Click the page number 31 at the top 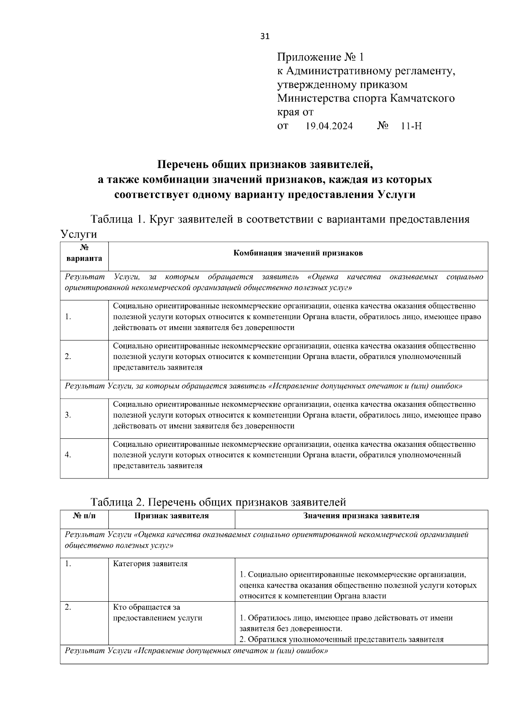click(x=265, y=36)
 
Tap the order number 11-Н click(x=411, y=126)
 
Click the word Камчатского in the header click(x=422, y=98)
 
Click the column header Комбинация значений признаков click(x=298, y=253)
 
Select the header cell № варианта click(x=84, y=253)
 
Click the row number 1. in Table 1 click(x=68, y=317)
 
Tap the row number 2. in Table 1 click(x=68, y=357)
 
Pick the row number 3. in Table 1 click(x=68, y=415)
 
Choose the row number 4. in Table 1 click(x=68, y=455)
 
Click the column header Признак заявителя click(x=171, y=516)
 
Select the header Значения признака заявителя click(x=361, y=516)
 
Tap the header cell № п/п click(x=84, y=516)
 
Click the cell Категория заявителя click(x=150, y=564)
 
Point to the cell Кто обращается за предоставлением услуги click(x=157, y=613)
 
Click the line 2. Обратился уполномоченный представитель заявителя click(x=342, y=639)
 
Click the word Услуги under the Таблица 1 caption click(x=78, y=234)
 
